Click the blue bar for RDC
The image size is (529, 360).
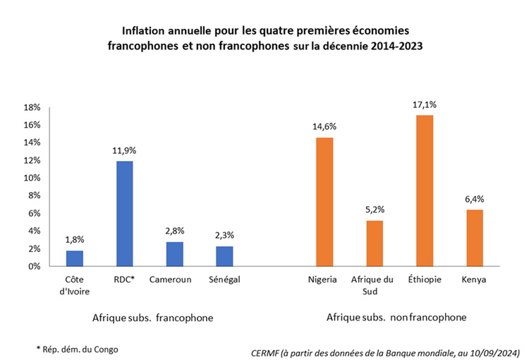124,214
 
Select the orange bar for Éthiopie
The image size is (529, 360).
425,191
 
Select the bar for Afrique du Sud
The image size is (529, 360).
375,244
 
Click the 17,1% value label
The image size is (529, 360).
425,104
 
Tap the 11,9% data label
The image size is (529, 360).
124,150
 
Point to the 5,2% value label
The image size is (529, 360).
375,210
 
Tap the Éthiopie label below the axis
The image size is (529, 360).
425,280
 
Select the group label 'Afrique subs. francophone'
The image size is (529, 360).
152,318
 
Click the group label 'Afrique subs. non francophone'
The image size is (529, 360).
396,318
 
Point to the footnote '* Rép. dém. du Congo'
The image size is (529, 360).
78,349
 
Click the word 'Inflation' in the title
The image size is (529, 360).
144,32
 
